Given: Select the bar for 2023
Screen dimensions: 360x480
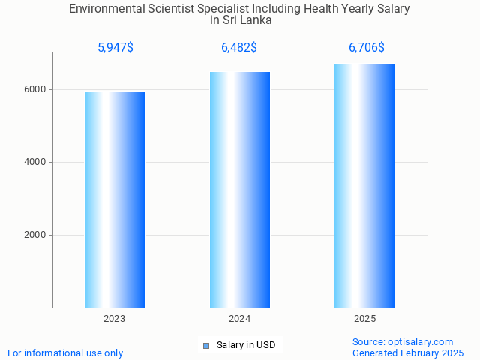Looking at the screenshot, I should (115, 199).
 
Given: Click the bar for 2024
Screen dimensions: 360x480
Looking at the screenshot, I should (240, 190).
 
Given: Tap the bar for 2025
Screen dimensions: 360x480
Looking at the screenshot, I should (364, 185).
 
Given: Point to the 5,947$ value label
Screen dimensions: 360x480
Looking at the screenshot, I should (115, 48).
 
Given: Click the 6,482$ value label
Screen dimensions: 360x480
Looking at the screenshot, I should (239, 48).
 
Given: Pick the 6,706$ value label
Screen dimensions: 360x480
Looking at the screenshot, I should (367, 48).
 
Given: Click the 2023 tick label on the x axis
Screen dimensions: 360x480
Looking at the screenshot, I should (115, 319).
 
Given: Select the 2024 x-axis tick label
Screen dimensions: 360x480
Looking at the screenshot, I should (240, 319).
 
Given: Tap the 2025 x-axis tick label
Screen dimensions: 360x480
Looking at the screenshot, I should (364, 319).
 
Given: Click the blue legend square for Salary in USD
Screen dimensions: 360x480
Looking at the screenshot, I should (206, 345).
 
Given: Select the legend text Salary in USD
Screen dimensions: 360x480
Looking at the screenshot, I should (246, 345).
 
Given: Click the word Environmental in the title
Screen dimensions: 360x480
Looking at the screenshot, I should (103, 9).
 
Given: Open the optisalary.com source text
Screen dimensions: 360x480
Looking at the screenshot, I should (403, 341).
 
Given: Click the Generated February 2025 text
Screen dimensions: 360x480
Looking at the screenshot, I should (408, 352).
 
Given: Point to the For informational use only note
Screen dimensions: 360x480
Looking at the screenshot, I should (65, 352).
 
